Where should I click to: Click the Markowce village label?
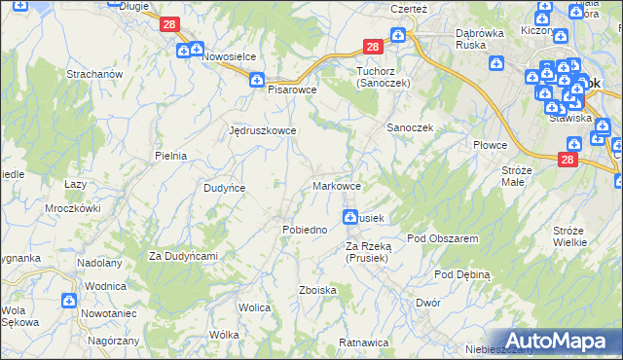point(338,186)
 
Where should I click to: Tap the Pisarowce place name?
point(293,89)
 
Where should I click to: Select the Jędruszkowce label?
point(262,129)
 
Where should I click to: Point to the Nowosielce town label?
point(234,56)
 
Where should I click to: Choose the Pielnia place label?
point(170,155)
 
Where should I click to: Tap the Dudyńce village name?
point(223,188)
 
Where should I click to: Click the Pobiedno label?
point(304,230)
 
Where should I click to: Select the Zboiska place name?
point(318,290)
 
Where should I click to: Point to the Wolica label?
point(254,307)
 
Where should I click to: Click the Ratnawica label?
point(364,342)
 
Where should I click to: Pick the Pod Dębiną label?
point(462,274)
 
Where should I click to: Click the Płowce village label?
point(491,145)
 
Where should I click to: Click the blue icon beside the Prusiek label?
point(349,216)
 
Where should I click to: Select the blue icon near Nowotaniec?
point(69,303)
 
